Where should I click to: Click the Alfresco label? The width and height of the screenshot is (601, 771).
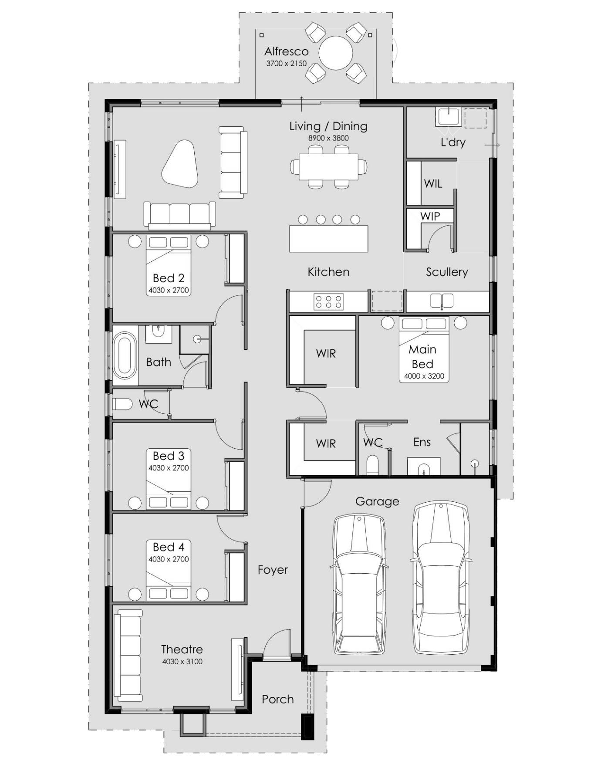(x=286, y=51)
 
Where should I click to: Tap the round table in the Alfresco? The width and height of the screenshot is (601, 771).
(x=335, y=53)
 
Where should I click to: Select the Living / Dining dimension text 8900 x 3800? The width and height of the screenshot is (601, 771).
(x=328, y=138)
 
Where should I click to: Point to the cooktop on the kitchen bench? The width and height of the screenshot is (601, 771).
(x=328, y=302)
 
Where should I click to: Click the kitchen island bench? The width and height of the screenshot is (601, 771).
(x=328, y=238)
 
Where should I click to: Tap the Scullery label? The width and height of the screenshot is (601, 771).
(x=447, y=272)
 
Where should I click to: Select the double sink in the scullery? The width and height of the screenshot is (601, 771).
(x=442, y=301)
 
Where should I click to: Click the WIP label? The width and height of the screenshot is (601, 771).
(x=430, y=216)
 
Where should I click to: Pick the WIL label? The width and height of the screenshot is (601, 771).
(x=433, y=183)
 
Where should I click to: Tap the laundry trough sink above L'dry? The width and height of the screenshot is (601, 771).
(x=448, y=117)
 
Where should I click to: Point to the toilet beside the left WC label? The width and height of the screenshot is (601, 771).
(x=122, y=404)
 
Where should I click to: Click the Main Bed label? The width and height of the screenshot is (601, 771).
(x=422, y=356)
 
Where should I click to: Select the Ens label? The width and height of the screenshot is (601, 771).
(x=422, y=442)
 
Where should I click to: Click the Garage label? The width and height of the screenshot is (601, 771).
(x=377, y=501)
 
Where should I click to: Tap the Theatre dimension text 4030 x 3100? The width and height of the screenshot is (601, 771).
(x=182, y=661)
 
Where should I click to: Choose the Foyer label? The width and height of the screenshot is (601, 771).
(x=273, y=570)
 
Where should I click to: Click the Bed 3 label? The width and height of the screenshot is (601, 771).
(x=169, y=456)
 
